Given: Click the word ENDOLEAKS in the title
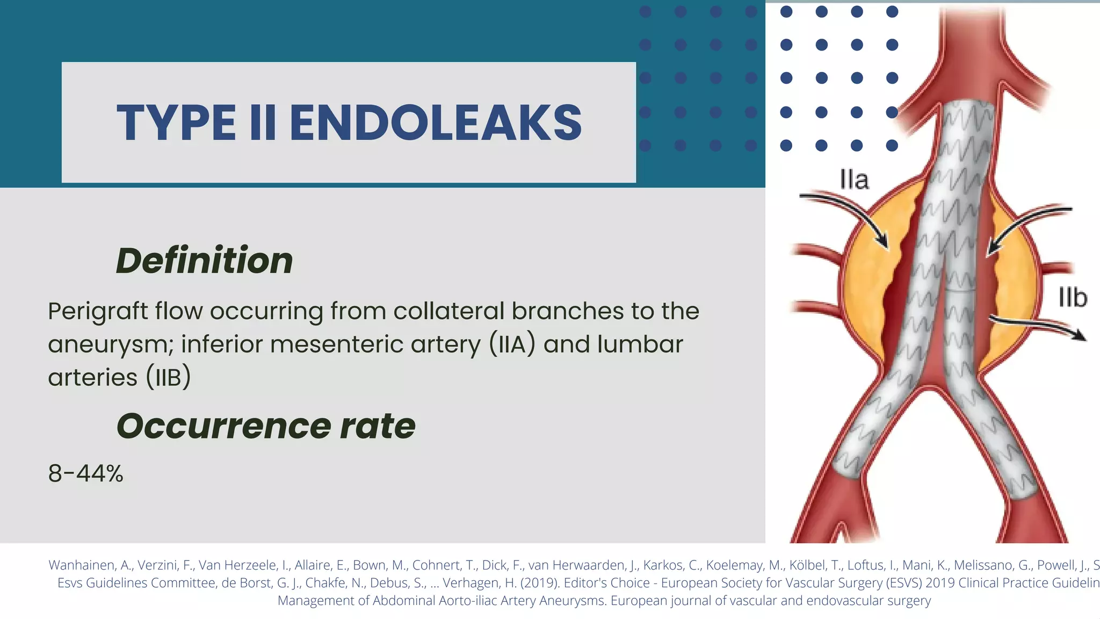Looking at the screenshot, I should click(x=436, y=123).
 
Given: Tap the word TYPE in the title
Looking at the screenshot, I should click(x=176, y=123).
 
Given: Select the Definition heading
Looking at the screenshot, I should click(x=205, y=261).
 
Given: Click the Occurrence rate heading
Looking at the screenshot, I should click(x=266, y=426).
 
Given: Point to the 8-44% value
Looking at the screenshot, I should click(x=86, y=473).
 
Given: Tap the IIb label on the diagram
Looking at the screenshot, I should click(x=1073, y=298).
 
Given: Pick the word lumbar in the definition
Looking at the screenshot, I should click(x=640, y=344).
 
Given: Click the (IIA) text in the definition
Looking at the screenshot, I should click(x=512, y=344).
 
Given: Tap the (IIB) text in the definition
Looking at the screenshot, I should click(x=168, y=377).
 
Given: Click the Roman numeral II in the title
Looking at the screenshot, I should click(x=263, y=123).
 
